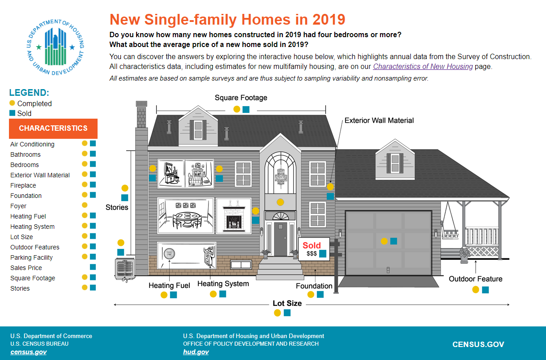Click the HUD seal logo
55,47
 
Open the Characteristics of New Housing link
423,67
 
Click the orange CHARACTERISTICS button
53,129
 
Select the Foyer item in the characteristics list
18,206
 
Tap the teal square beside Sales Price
93,267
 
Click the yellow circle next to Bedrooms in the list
85,164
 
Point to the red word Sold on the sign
312,245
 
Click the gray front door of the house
281,239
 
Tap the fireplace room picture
234,216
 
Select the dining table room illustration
186,216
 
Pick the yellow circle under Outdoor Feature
476,290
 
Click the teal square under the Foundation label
320,294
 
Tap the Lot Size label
287,303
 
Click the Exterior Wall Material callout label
379,120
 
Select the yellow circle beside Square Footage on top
237,109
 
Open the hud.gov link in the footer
196,352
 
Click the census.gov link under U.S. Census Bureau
29,352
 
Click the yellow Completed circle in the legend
12,103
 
